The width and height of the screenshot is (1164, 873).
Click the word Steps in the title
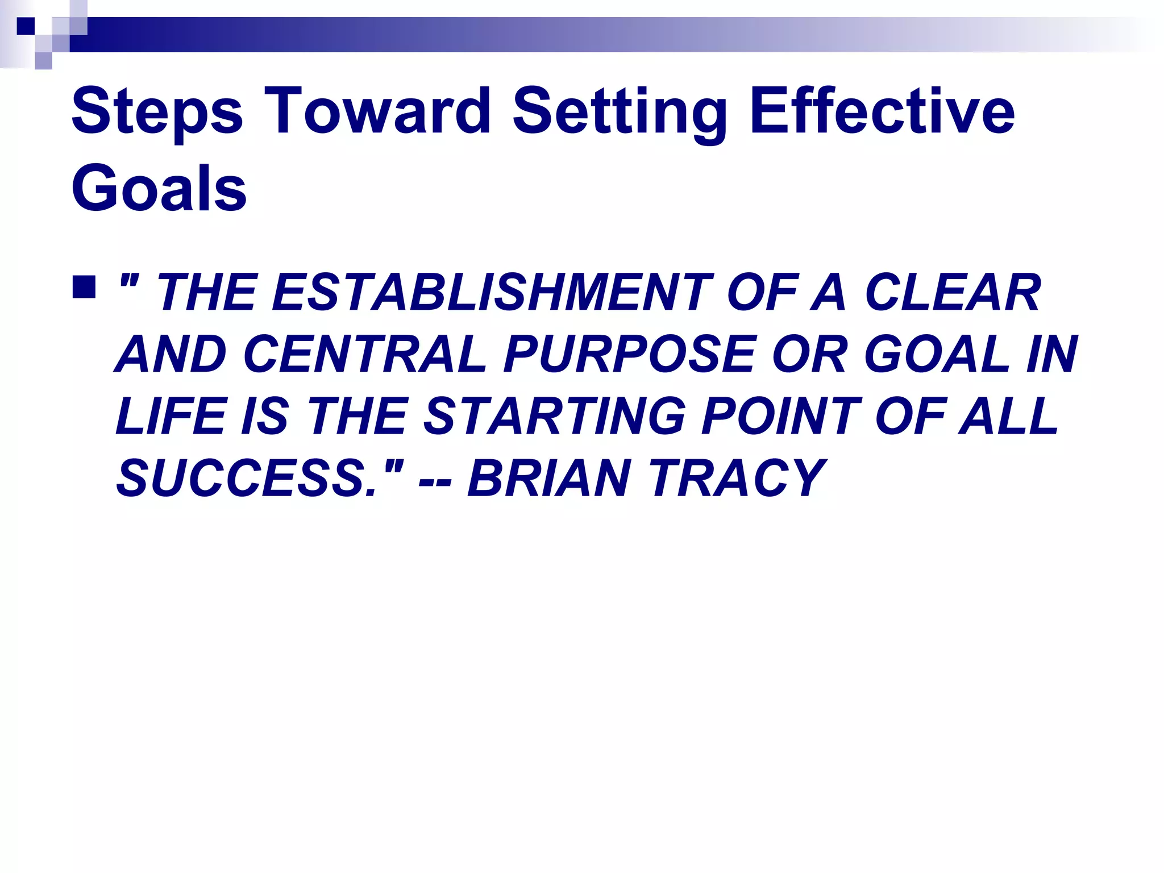pos(157,112)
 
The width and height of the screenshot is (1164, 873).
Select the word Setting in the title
pos(620,112)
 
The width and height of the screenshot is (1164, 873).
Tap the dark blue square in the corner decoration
pos(26,26)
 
